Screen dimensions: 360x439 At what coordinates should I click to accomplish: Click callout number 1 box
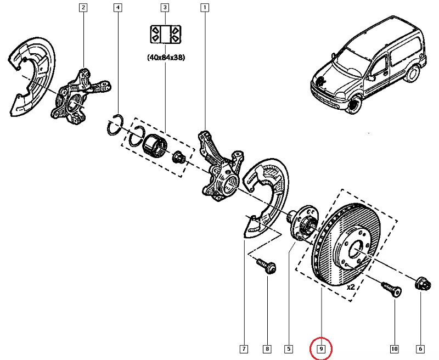click(x=205, y=8)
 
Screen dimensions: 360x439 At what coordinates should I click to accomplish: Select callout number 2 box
click(x=83, y=8)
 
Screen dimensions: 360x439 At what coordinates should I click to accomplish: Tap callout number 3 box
click(x=164, y=8)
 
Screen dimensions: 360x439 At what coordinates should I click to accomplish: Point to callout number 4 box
click(x=117, y=8)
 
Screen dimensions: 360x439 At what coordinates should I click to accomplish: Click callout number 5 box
click(x=288, y=348)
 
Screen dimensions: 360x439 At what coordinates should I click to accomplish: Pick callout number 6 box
click(x=420, y=348)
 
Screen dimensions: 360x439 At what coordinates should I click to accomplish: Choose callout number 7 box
click(x=244, y=348)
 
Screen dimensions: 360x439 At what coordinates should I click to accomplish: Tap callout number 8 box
click(x=267, y=348)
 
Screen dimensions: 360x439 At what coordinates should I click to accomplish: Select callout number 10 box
click(x=394, y=348)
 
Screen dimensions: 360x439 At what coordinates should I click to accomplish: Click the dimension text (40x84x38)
click(x=165, y=57)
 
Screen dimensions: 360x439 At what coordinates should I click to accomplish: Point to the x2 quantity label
click(x=352, y=286)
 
